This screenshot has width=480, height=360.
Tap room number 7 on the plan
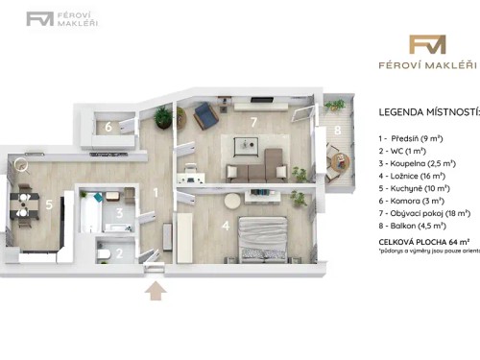[x=253, y=122]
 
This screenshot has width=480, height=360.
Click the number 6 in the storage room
[x=108, y=127]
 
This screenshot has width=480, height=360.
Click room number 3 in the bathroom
[x=118, y=213]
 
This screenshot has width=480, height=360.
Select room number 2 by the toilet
[x=118, y=253]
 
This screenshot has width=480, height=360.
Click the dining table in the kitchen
[x=21, y=205]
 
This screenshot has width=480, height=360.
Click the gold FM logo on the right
[x=427, y=44]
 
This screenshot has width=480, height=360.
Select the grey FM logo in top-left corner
[x=39, y=18]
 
